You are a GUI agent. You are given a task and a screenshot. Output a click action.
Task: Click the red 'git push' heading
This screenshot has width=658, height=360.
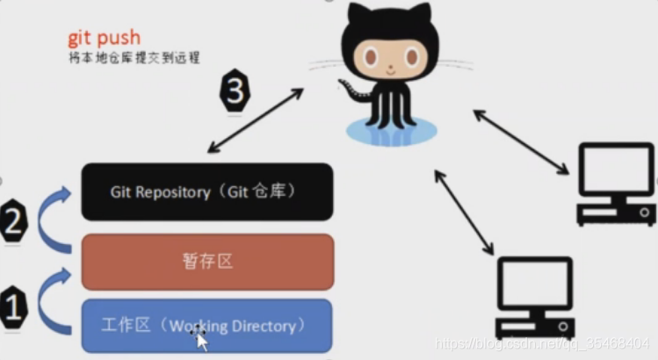(104, 38)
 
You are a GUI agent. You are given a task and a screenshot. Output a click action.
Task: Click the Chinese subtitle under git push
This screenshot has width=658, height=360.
(134, 58)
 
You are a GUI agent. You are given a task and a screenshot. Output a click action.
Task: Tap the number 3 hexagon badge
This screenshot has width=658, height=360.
(235, 90)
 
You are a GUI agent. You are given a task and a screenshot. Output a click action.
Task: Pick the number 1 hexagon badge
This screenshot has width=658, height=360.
(13, 306)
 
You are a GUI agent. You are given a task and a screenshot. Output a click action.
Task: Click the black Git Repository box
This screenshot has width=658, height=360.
(206, 191)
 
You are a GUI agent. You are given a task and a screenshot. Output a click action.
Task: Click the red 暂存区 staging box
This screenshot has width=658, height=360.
(206, 261)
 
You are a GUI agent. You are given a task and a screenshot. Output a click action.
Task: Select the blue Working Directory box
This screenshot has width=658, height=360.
(206, 326)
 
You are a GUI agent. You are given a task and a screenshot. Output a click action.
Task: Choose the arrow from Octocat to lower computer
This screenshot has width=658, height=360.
(466, 213)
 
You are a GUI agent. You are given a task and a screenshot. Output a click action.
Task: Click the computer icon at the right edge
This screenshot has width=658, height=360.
(615, 184)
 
